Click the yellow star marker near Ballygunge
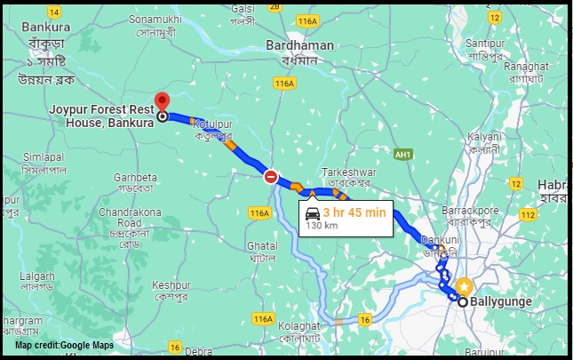[463, 285]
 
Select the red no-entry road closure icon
[271, 177]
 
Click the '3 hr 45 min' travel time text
[354, 212]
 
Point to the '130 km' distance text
[322, 226]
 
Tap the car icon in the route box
[312, 212]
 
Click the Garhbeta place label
[135, 176]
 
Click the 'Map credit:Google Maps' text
[64, 344]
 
